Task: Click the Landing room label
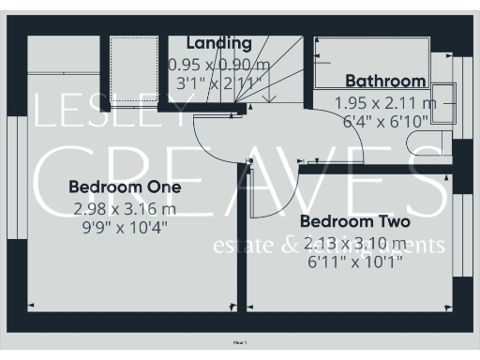pyautogui.click(x=219, y=43)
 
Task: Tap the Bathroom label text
pyautogui.click(x=385, y=82)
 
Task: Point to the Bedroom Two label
pyautogui.click(x=354, y=222)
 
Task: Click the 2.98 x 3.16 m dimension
pyautogui.click(x=125, y=208)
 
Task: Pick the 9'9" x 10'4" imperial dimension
pyautogui.click(x=125, y=226)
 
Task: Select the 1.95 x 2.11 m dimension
pyautogui.click(x=385, y=102)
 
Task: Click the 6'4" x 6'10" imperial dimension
pyautogui.click(x=385, y=121)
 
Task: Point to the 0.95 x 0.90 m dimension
pyautogui.click(x=218, y=65)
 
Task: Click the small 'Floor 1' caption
pyautogui.click(x=240, y=345)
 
